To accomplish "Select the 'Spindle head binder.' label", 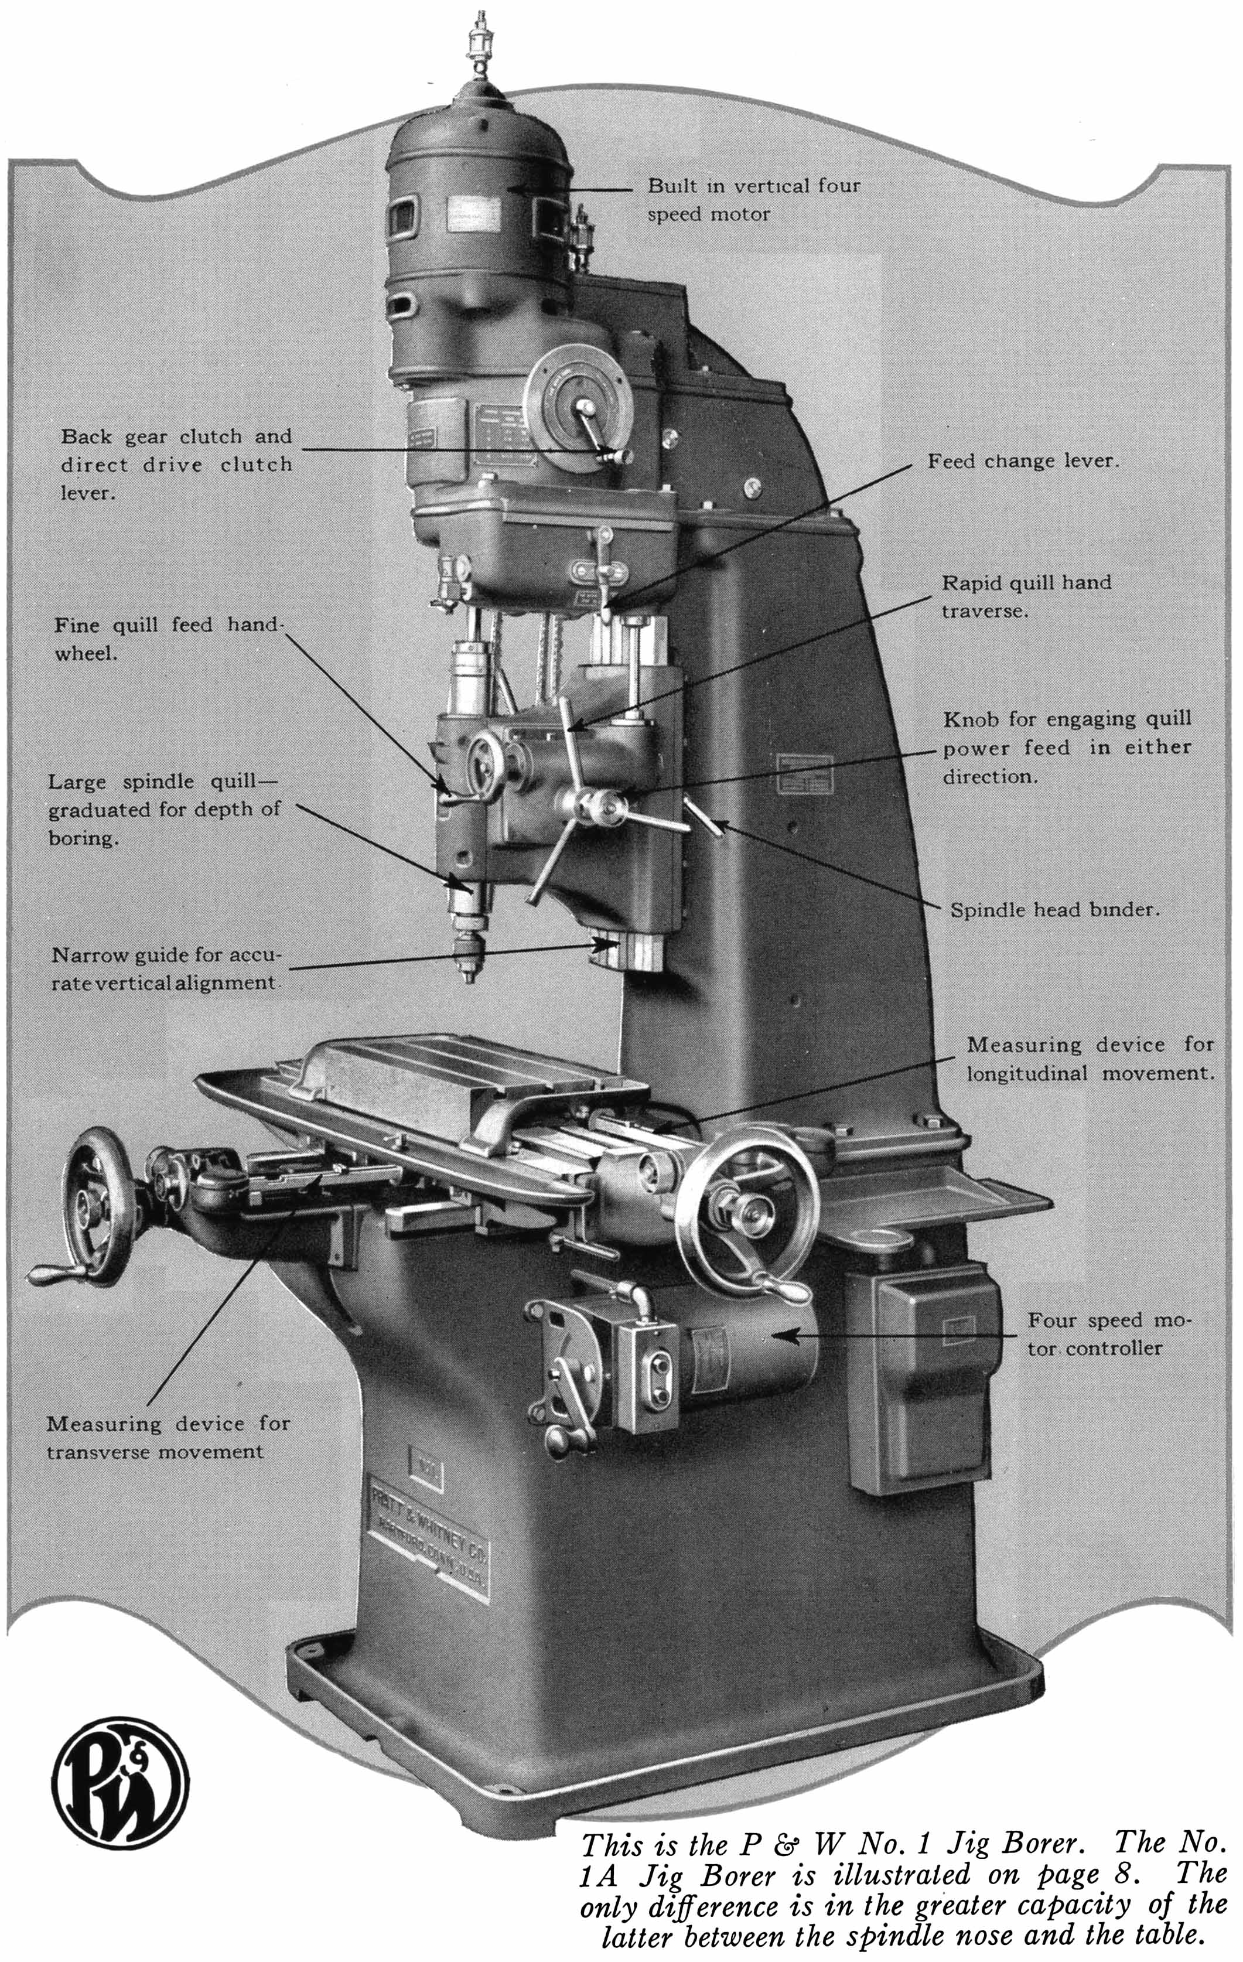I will (x=1054, y=909).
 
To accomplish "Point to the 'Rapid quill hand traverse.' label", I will (x=1026, y=596).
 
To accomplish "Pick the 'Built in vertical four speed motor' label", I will (x=753, y=200).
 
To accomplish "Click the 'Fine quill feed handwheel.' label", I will (x=167, y=639).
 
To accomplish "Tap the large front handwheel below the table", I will (x=748, y=1206).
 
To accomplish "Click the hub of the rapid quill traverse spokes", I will (x=601, y=807).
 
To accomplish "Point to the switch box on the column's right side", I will (x=923, y=1377).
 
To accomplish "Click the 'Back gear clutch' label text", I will (x=175, y=436).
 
